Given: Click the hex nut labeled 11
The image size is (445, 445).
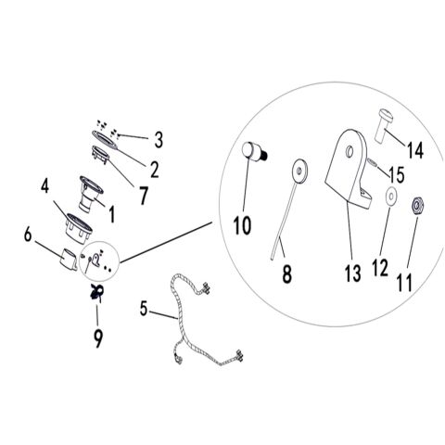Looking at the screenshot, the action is (419, 206).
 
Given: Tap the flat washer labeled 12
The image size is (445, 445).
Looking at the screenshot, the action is (391, 197).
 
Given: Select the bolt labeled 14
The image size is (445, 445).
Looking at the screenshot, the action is (384, 124).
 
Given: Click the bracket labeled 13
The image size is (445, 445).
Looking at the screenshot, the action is (349, 169).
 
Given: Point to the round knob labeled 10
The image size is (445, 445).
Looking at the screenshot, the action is (254, 151).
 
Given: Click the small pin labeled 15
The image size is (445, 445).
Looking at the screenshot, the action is (372, 162).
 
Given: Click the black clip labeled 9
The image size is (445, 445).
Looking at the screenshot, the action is (96, 292).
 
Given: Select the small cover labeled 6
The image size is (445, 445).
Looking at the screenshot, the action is (69, 259).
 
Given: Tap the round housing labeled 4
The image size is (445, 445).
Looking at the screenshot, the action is (79, 227).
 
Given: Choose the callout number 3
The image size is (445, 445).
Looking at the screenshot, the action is (159, 139).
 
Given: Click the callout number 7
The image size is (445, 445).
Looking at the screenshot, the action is (143, 196).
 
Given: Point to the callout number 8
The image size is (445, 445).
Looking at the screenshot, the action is (286, 273).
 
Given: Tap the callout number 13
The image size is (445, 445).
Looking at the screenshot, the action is (352, 273).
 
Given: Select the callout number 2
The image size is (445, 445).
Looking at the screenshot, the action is (155, 170).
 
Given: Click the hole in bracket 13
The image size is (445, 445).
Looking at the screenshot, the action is (350, 151).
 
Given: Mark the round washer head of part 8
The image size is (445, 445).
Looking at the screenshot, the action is (299, 171).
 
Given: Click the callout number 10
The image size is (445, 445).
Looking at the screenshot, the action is (242, 225).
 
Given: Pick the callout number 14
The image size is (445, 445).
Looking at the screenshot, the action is (414, 151).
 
